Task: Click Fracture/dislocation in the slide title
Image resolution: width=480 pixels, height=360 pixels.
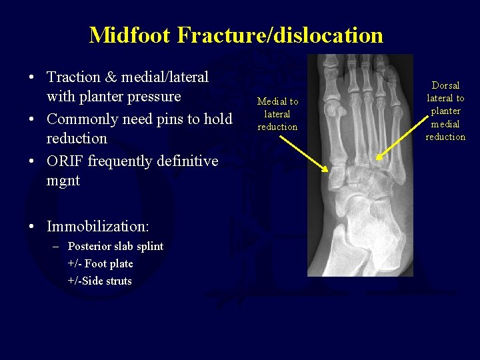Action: [281, 35]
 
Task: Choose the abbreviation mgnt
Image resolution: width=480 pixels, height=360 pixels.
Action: [63, 181]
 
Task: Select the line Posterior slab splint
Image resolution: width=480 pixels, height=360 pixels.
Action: [115, 246]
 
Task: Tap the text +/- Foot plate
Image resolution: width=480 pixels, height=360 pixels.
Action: [100, 263]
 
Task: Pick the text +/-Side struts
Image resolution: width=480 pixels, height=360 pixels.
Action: [99, 281]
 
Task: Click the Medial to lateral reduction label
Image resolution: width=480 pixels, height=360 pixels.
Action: [277, 114]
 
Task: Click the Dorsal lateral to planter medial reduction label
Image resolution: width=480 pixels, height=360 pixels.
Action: [445, 111]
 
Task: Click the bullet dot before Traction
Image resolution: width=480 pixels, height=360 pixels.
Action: [32, 78]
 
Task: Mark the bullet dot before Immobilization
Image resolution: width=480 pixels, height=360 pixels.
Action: [32, 227]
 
